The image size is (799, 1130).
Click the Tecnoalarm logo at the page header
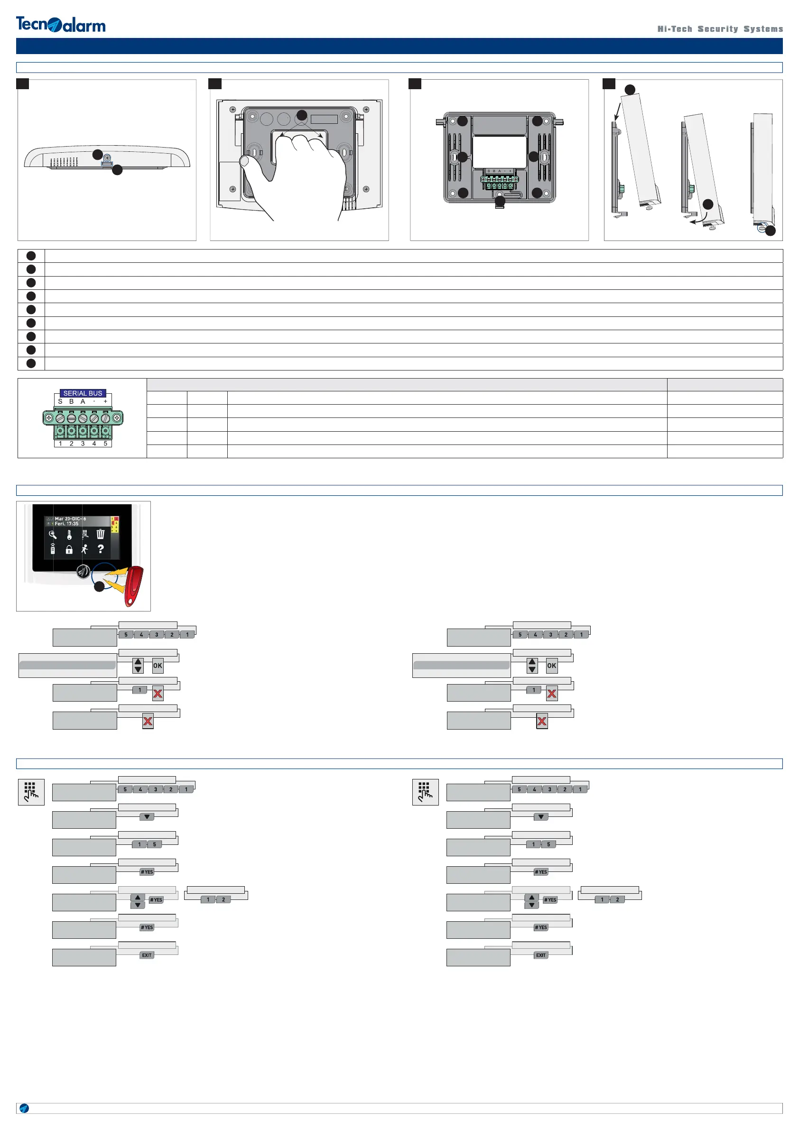point(61,24)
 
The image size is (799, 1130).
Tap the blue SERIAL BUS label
point(83,393)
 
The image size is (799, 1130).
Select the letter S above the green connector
point(60,402)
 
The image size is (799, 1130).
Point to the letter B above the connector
point(71,402)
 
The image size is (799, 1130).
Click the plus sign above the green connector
point(105,402)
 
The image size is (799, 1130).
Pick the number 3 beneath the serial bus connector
point(83,444)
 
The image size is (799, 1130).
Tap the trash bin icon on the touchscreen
point(101,534)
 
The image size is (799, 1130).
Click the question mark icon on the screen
point(101,549)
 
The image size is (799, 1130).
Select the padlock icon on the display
point(69,550)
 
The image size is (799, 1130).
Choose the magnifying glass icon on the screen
point(53,535)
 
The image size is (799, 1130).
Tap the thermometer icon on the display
point(69,535)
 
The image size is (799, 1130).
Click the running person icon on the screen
point(84,549)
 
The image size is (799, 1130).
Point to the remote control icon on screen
point(53,549)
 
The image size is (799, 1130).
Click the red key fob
point(133,586)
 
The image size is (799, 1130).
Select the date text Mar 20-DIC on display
point(70,519)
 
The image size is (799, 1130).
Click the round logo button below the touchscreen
point(83,571)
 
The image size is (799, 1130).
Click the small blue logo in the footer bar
point(24,1108)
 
